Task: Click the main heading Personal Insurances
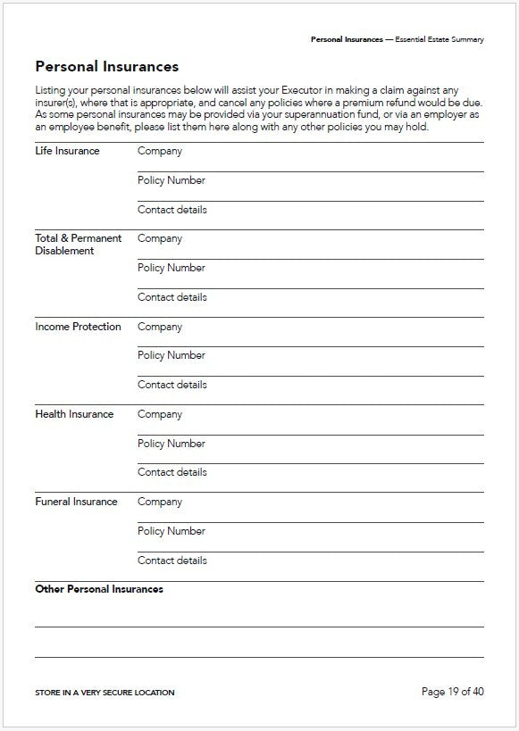point(106,67)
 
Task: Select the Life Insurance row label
point(67,151)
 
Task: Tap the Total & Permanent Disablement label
point(78,245)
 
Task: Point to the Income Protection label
point(78,327)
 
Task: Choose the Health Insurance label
point(74,414)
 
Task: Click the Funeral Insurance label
point(76,502)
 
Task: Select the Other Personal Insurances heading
point(99,589)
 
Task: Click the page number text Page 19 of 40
point(452,692)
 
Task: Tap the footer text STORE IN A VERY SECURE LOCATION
point(105,693)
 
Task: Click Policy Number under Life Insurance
point(171,180)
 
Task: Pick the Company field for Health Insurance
point(160,414)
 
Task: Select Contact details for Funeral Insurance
point(172,561)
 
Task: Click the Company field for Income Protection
point(160,327)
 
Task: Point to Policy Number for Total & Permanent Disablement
point(171,268)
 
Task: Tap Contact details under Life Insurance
point(172,210)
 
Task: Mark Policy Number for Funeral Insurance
point(171,531)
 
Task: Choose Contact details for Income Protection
point(172,385)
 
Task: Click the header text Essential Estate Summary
point(439,40)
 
